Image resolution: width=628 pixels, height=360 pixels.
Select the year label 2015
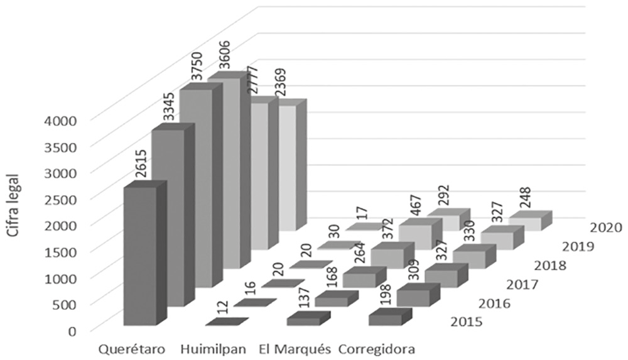point(466,323)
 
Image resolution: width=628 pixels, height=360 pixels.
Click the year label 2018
point(549,265)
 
